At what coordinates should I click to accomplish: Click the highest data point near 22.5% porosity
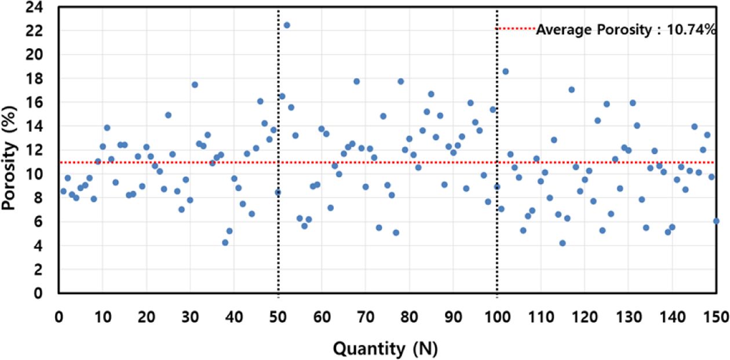[286, 25]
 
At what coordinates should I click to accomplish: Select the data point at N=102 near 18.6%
[505, 71]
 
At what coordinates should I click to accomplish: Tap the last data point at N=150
[716, 221]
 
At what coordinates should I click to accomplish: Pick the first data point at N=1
[63, 191]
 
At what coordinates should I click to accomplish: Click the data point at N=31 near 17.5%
[195, 85]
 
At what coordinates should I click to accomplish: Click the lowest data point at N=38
[225, 242]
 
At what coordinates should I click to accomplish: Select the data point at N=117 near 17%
[571, 89]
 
